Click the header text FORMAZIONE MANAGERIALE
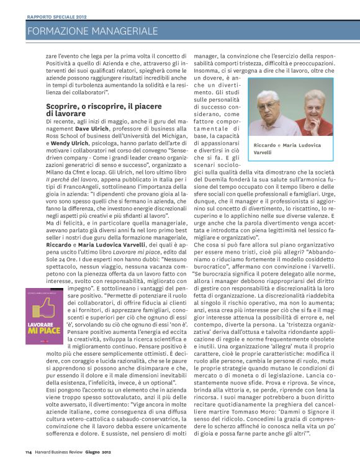click(93, 30)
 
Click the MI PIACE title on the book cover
click(45, 333)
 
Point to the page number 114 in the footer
click(29, 451)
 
